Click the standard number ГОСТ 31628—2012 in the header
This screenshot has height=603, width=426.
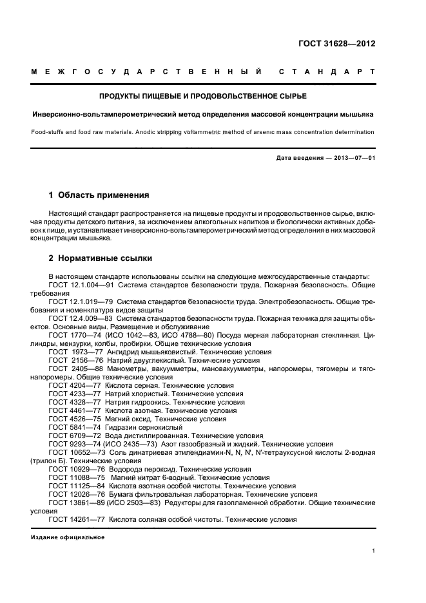[336, 44]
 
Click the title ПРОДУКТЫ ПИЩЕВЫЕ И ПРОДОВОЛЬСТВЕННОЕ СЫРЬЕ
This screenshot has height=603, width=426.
[202, 96]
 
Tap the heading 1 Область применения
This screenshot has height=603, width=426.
[99, 195]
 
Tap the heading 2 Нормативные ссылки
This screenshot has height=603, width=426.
[101, 258]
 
